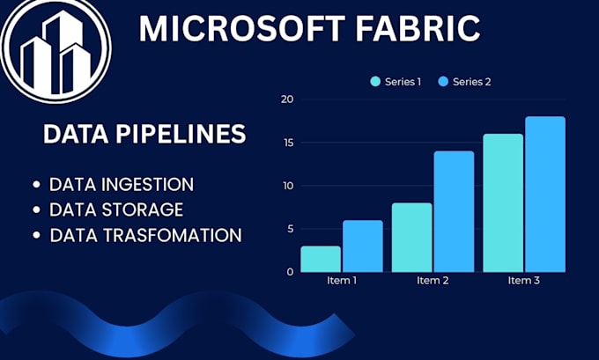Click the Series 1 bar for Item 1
pos(321,259)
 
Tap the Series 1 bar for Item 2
pos(411,238)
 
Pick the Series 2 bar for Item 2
pos(453,211)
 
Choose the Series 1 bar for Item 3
pos(503,202)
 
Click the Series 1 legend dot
pos(376,82)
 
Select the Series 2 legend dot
pos(443,82)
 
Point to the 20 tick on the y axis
pos(287,99)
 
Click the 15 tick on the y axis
pos(287,143)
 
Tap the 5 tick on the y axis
pos(289,229)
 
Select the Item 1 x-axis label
pos(341,282)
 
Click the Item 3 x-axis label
pos(524,282)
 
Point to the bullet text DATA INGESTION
pos(122,185)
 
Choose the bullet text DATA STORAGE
pos(116,209)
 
